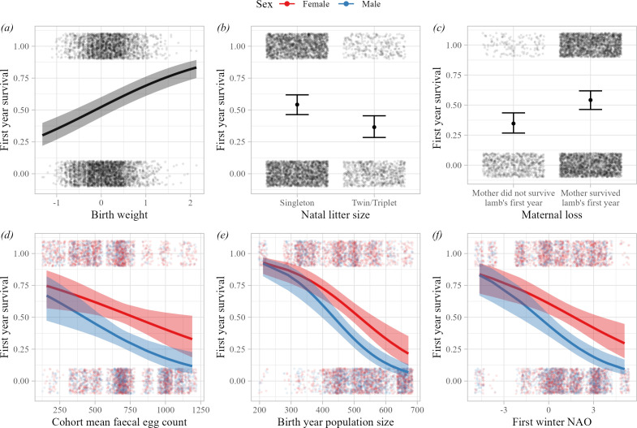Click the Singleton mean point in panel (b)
tap(297, 105)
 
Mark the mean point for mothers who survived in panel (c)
tap(591, 100)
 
